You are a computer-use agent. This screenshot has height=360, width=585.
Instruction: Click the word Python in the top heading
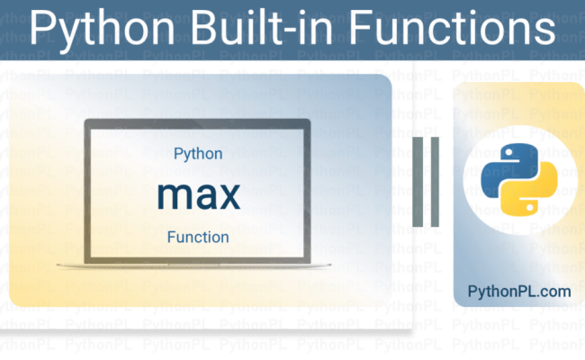(96, 28)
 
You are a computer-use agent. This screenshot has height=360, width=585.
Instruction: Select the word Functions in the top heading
(456, 28)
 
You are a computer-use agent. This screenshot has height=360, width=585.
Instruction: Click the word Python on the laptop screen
(198, 155)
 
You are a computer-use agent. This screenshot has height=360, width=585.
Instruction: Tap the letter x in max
(229, 195)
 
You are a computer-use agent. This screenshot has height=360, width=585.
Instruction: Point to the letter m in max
(170, 195)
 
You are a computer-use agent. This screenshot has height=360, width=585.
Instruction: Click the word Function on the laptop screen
(198, 238)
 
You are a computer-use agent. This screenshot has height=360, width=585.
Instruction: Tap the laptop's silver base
(197, 264)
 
